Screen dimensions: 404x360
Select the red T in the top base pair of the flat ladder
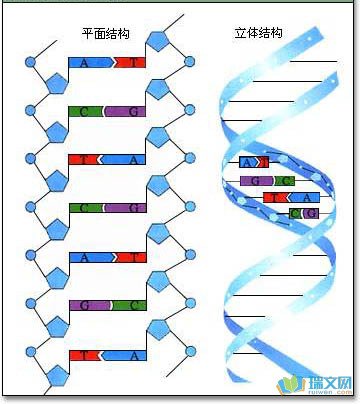click(131, 62)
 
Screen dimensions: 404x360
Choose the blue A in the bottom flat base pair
click(131, 354)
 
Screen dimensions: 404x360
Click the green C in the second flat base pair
click(86, 111)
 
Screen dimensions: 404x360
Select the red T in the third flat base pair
click(86, 159)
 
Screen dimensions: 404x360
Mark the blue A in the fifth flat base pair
click(86, 257)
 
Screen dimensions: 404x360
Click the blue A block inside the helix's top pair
click(246, 162)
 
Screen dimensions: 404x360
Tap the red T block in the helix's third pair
click(274, 197)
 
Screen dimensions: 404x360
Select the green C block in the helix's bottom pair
click(297, 213)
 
